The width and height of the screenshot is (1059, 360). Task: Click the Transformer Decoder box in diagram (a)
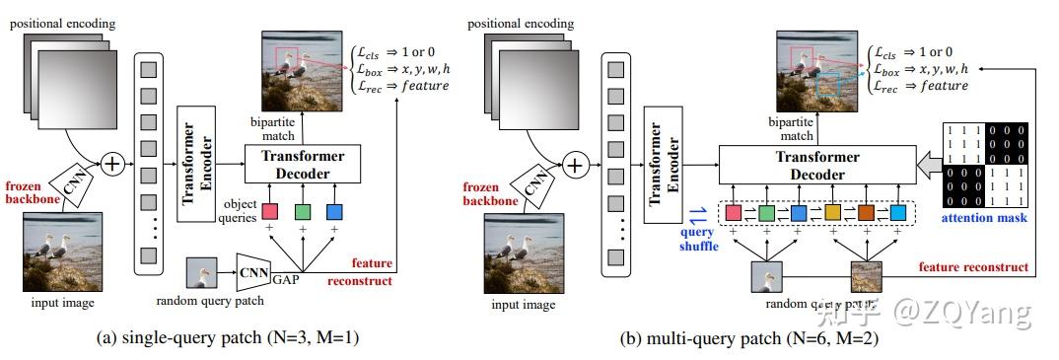pyautogui.click(x=302, y=165)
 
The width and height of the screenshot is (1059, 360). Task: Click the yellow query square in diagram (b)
pyautogui.click(x=831, y=212)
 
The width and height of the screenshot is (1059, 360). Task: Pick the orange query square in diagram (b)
pyautogui.click(x=865, y=212)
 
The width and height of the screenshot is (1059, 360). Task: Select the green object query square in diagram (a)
pyautogui.click(x=302, y=210)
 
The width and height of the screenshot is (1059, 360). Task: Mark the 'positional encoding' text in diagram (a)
pyautogui.click(x=62, y=21)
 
